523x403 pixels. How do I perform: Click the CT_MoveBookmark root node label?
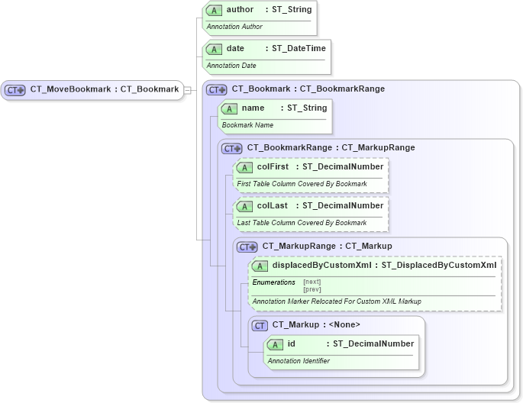point(104,89)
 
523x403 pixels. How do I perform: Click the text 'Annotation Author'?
point(234,27)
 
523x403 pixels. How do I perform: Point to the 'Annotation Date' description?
point(231,66)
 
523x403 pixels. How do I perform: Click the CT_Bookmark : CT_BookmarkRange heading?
point(308,89)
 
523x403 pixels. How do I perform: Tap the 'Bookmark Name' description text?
point(247,124)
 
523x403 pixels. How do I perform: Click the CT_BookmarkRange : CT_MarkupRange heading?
point(331,147)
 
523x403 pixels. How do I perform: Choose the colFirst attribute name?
point(273,167)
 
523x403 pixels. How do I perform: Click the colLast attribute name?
point(272,206)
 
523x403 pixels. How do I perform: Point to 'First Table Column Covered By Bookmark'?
point(302,184)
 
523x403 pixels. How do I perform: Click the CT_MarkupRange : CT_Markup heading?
point(327,246)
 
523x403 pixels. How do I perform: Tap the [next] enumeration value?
point(312,282)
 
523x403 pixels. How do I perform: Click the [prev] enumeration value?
point(312,289)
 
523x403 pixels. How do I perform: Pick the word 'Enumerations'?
point(273,282)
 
